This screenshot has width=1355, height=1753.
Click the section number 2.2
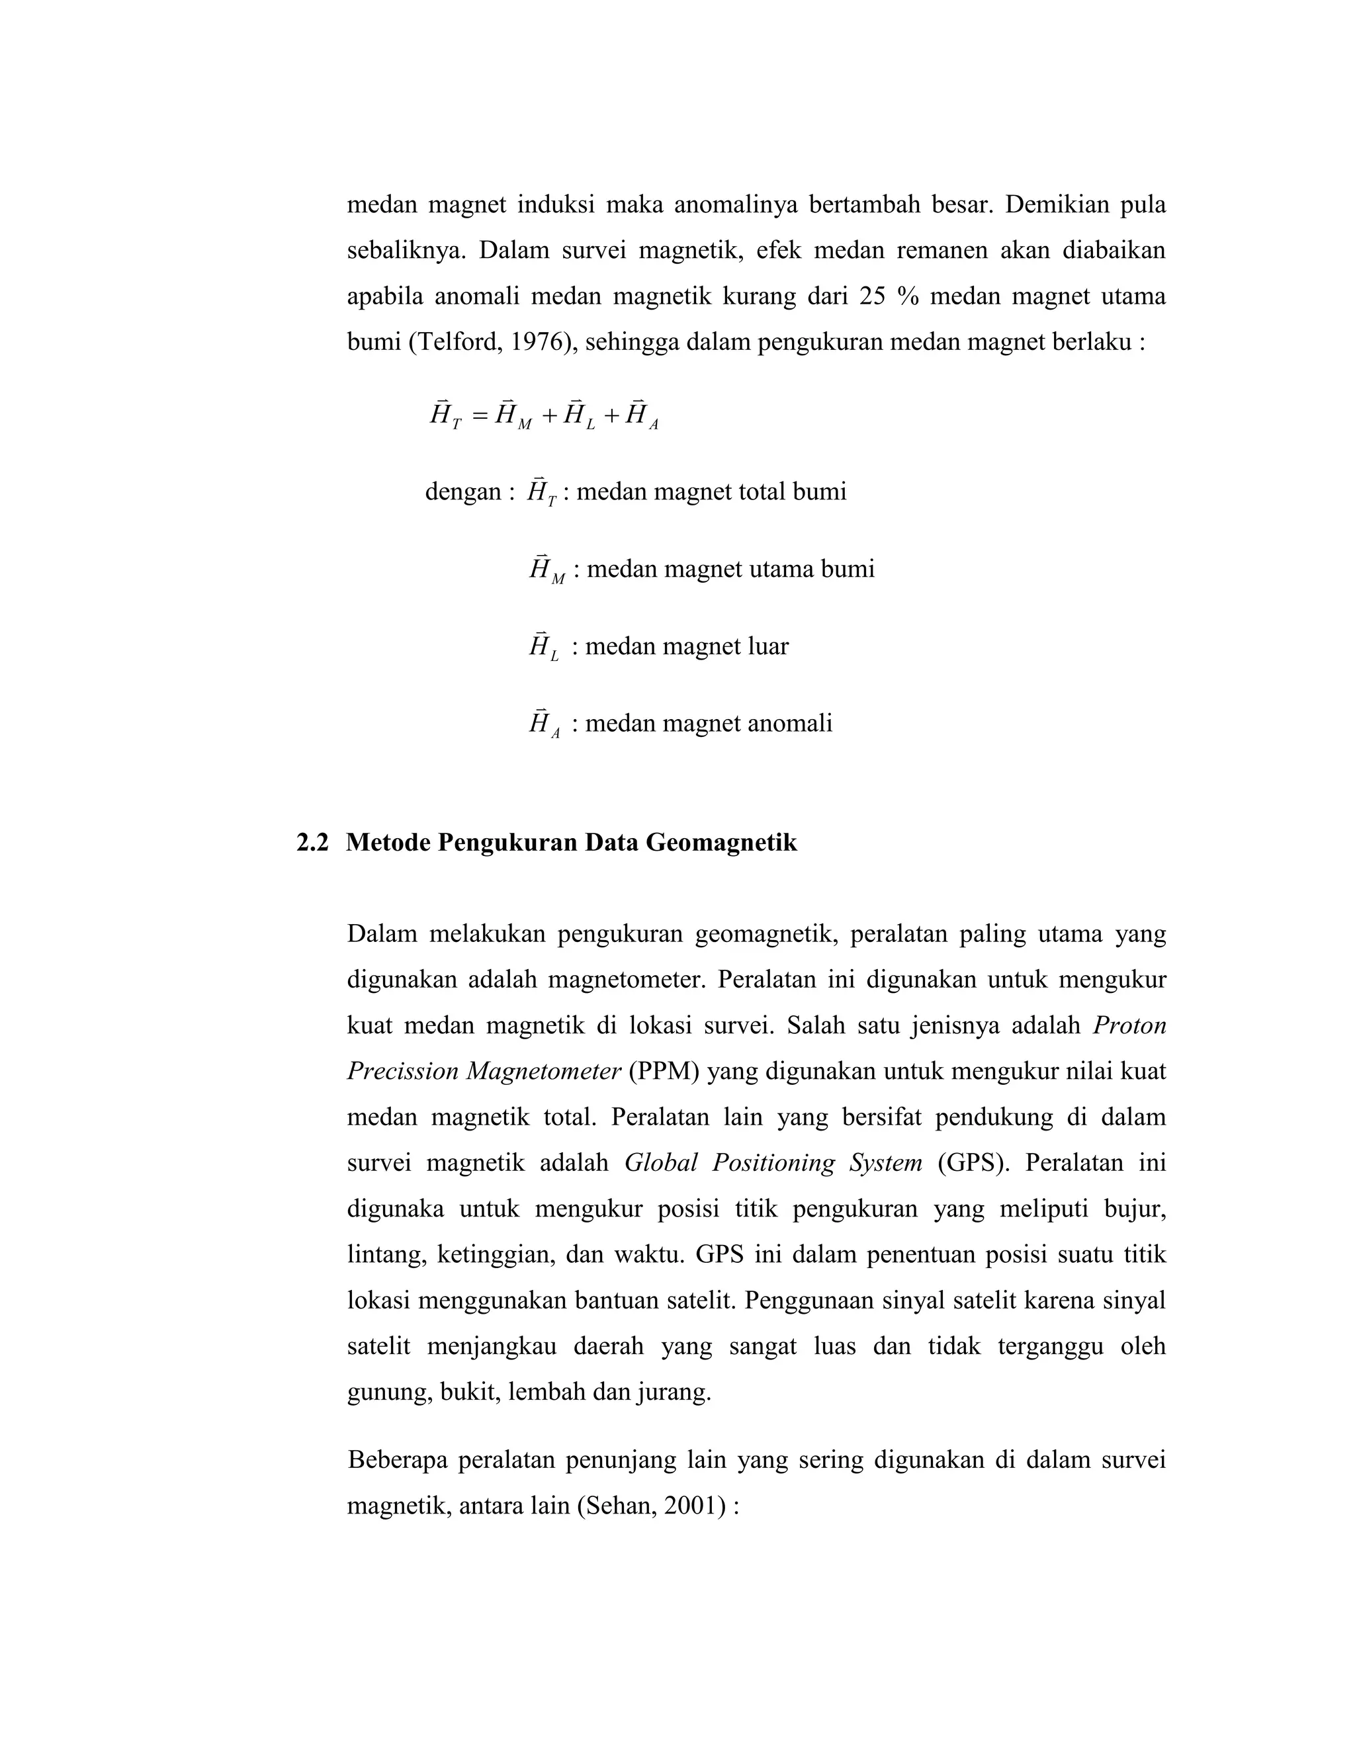[x=312, y=843]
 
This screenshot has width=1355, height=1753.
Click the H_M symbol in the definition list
[x=546, y=569]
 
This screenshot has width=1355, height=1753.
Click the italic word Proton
[x=1129, y=1026]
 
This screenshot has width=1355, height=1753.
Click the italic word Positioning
[x=774, y=1163]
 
